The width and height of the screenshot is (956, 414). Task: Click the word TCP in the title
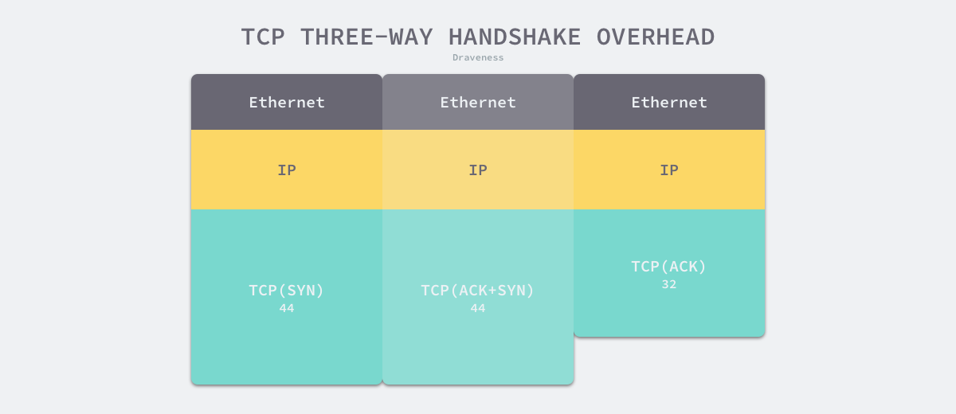tap(263, 37)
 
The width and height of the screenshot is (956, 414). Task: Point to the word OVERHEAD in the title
tap(656, 37)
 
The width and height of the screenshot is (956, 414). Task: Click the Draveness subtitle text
tap(478, 57)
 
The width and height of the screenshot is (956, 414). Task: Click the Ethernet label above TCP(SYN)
tap(287, 102)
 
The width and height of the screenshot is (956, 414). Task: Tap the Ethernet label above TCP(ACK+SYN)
tap(478, 102)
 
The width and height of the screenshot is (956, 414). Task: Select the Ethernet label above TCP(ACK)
tap(669, 102)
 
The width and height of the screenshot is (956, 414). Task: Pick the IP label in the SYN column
tap(287, 170)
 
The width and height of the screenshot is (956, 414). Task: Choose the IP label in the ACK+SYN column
tap(478, 170)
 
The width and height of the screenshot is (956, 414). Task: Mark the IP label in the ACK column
tap(669, 170)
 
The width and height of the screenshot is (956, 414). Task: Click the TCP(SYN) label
tap(287, 290)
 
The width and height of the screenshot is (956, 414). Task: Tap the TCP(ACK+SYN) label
tap(478, 290)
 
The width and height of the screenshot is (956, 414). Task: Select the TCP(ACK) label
tap(669, 266)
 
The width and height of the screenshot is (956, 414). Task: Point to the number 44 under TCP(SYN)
tap(287, 308)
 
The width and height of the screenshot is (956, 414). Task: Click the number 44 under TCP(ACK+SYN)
tap(478, 308)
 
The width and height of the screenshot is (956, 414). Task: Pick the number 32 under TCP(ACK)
tap(669, 284)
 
